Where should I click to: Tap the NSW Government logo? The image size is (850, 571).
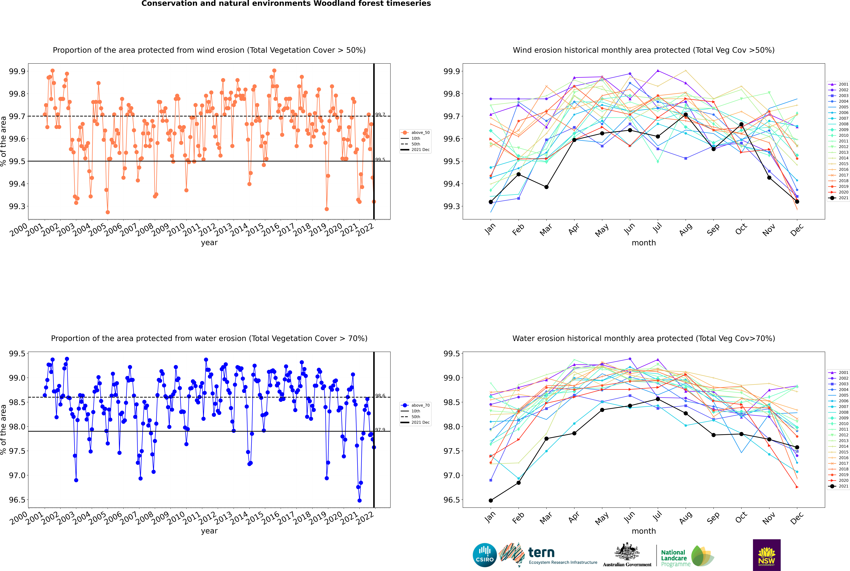pos(767,555)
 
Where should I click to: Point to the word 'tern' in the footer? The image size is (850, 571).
pos(541,553)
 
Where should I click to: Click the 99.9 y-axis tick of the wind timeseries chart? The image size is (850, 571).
pos(17,71)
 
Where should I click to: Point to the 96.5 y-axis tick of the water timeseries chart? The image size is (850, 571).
pos(17,500)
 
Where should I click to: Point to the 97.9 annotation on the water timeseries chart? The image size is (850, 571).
pos(380,430)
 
